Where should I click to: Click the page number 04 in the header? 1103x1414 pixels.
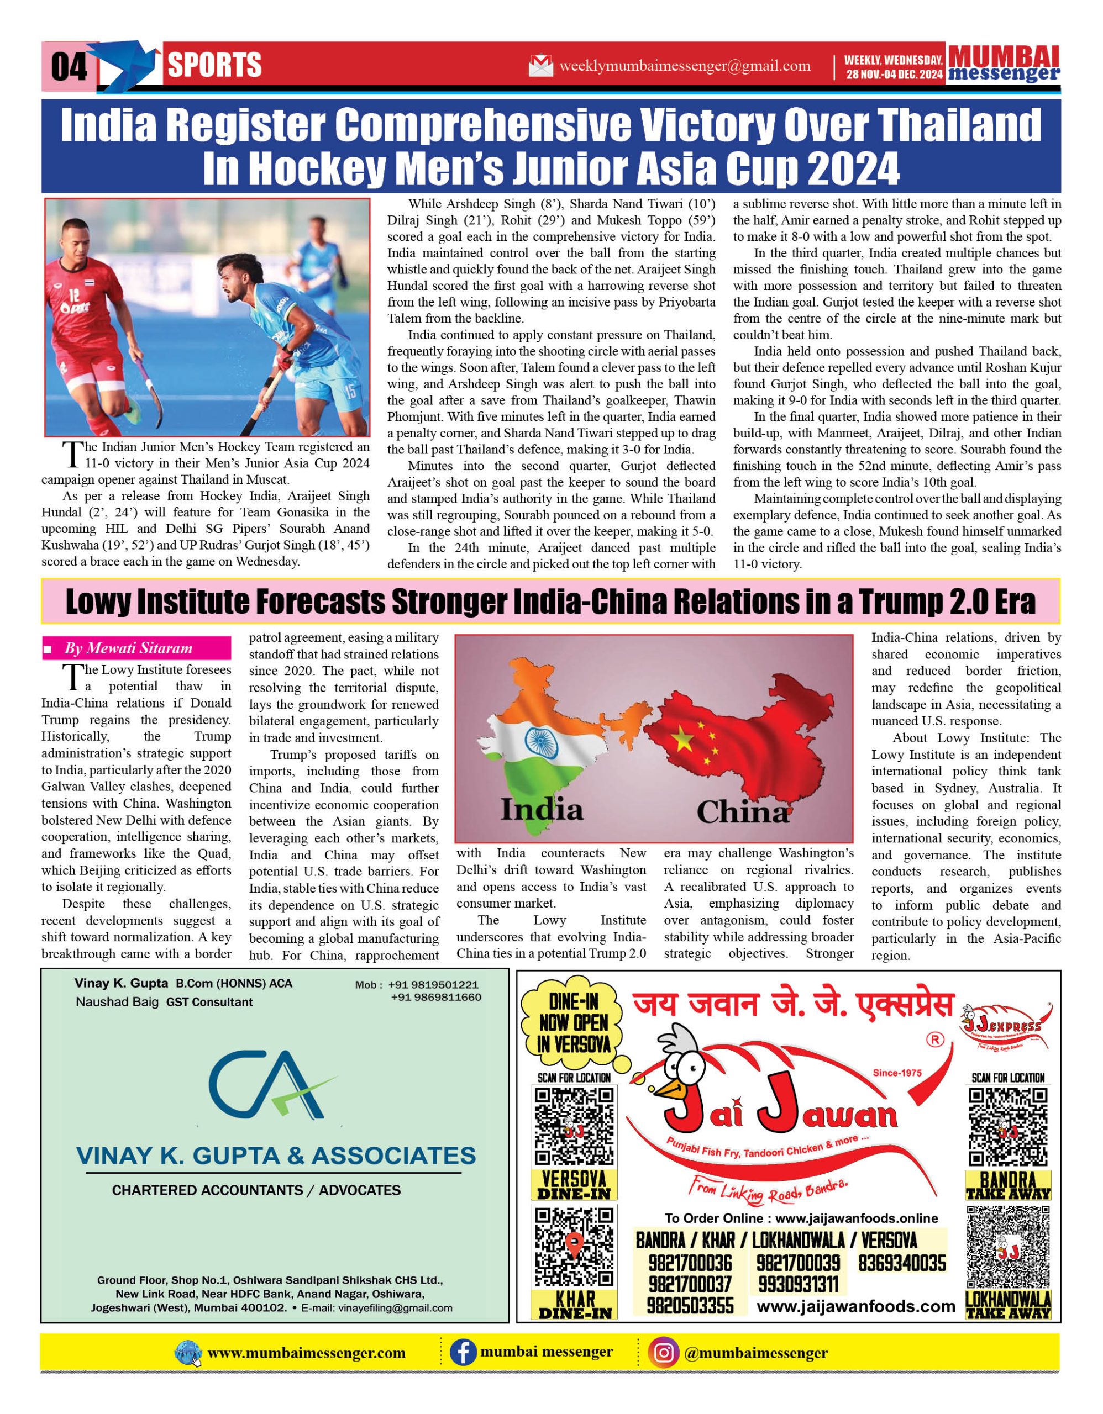[x=69, y=67]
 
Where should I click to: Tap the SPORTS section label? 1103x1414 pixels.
[x=214, y=65]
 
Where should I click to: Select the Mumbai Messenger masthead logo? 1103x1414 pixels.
[x=1004, y=64]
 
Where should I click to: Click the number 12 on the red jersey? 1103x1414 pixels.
[x=75, y=296]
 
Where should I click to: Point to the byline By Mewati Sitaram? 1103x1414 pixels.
[x=128, y=648]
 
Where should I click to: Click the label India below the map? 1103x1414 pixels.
[x=542, y=810]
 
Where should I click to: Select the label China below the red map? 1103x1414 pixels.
[x=742, y=812]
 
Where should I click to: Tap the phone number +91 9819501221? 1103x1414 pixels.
[x=433, y=985]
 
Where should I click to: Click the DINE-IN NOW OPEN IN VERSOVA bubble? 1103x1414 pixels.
[x=574, y=1023]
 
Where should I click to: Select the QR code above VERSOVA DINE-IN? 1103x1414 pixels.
[x=574, y=1127]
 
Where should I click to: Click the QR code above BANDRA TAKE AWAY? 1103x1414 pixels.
[x=1008, y=1127]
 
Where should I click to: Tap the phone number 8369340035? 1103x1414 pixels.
[x=902, y=1263]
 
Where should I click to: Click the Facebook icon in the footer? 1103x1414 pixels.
[x=463, y=1353]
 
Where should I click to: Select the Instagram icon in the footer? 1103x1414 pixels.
[x=663, y=1353]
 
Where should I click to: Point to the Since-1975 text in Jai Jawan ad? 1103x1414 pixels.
[x=897, y=1073]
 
